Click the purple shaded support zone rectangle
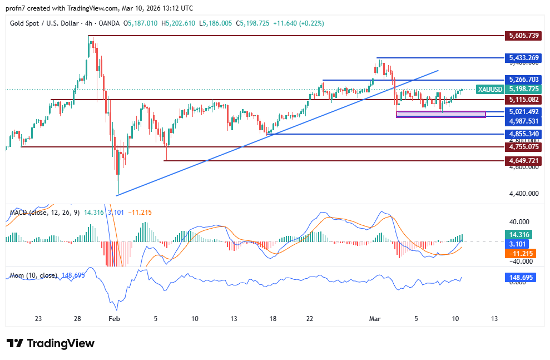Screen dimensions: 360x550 pos(440,115)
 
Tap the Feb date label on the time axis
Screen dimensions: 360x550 pos(114,319)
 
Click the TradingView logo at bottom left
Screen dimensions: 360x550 pos(50,343)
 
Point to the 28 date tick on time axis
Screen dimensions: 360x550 pos(77,319)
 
